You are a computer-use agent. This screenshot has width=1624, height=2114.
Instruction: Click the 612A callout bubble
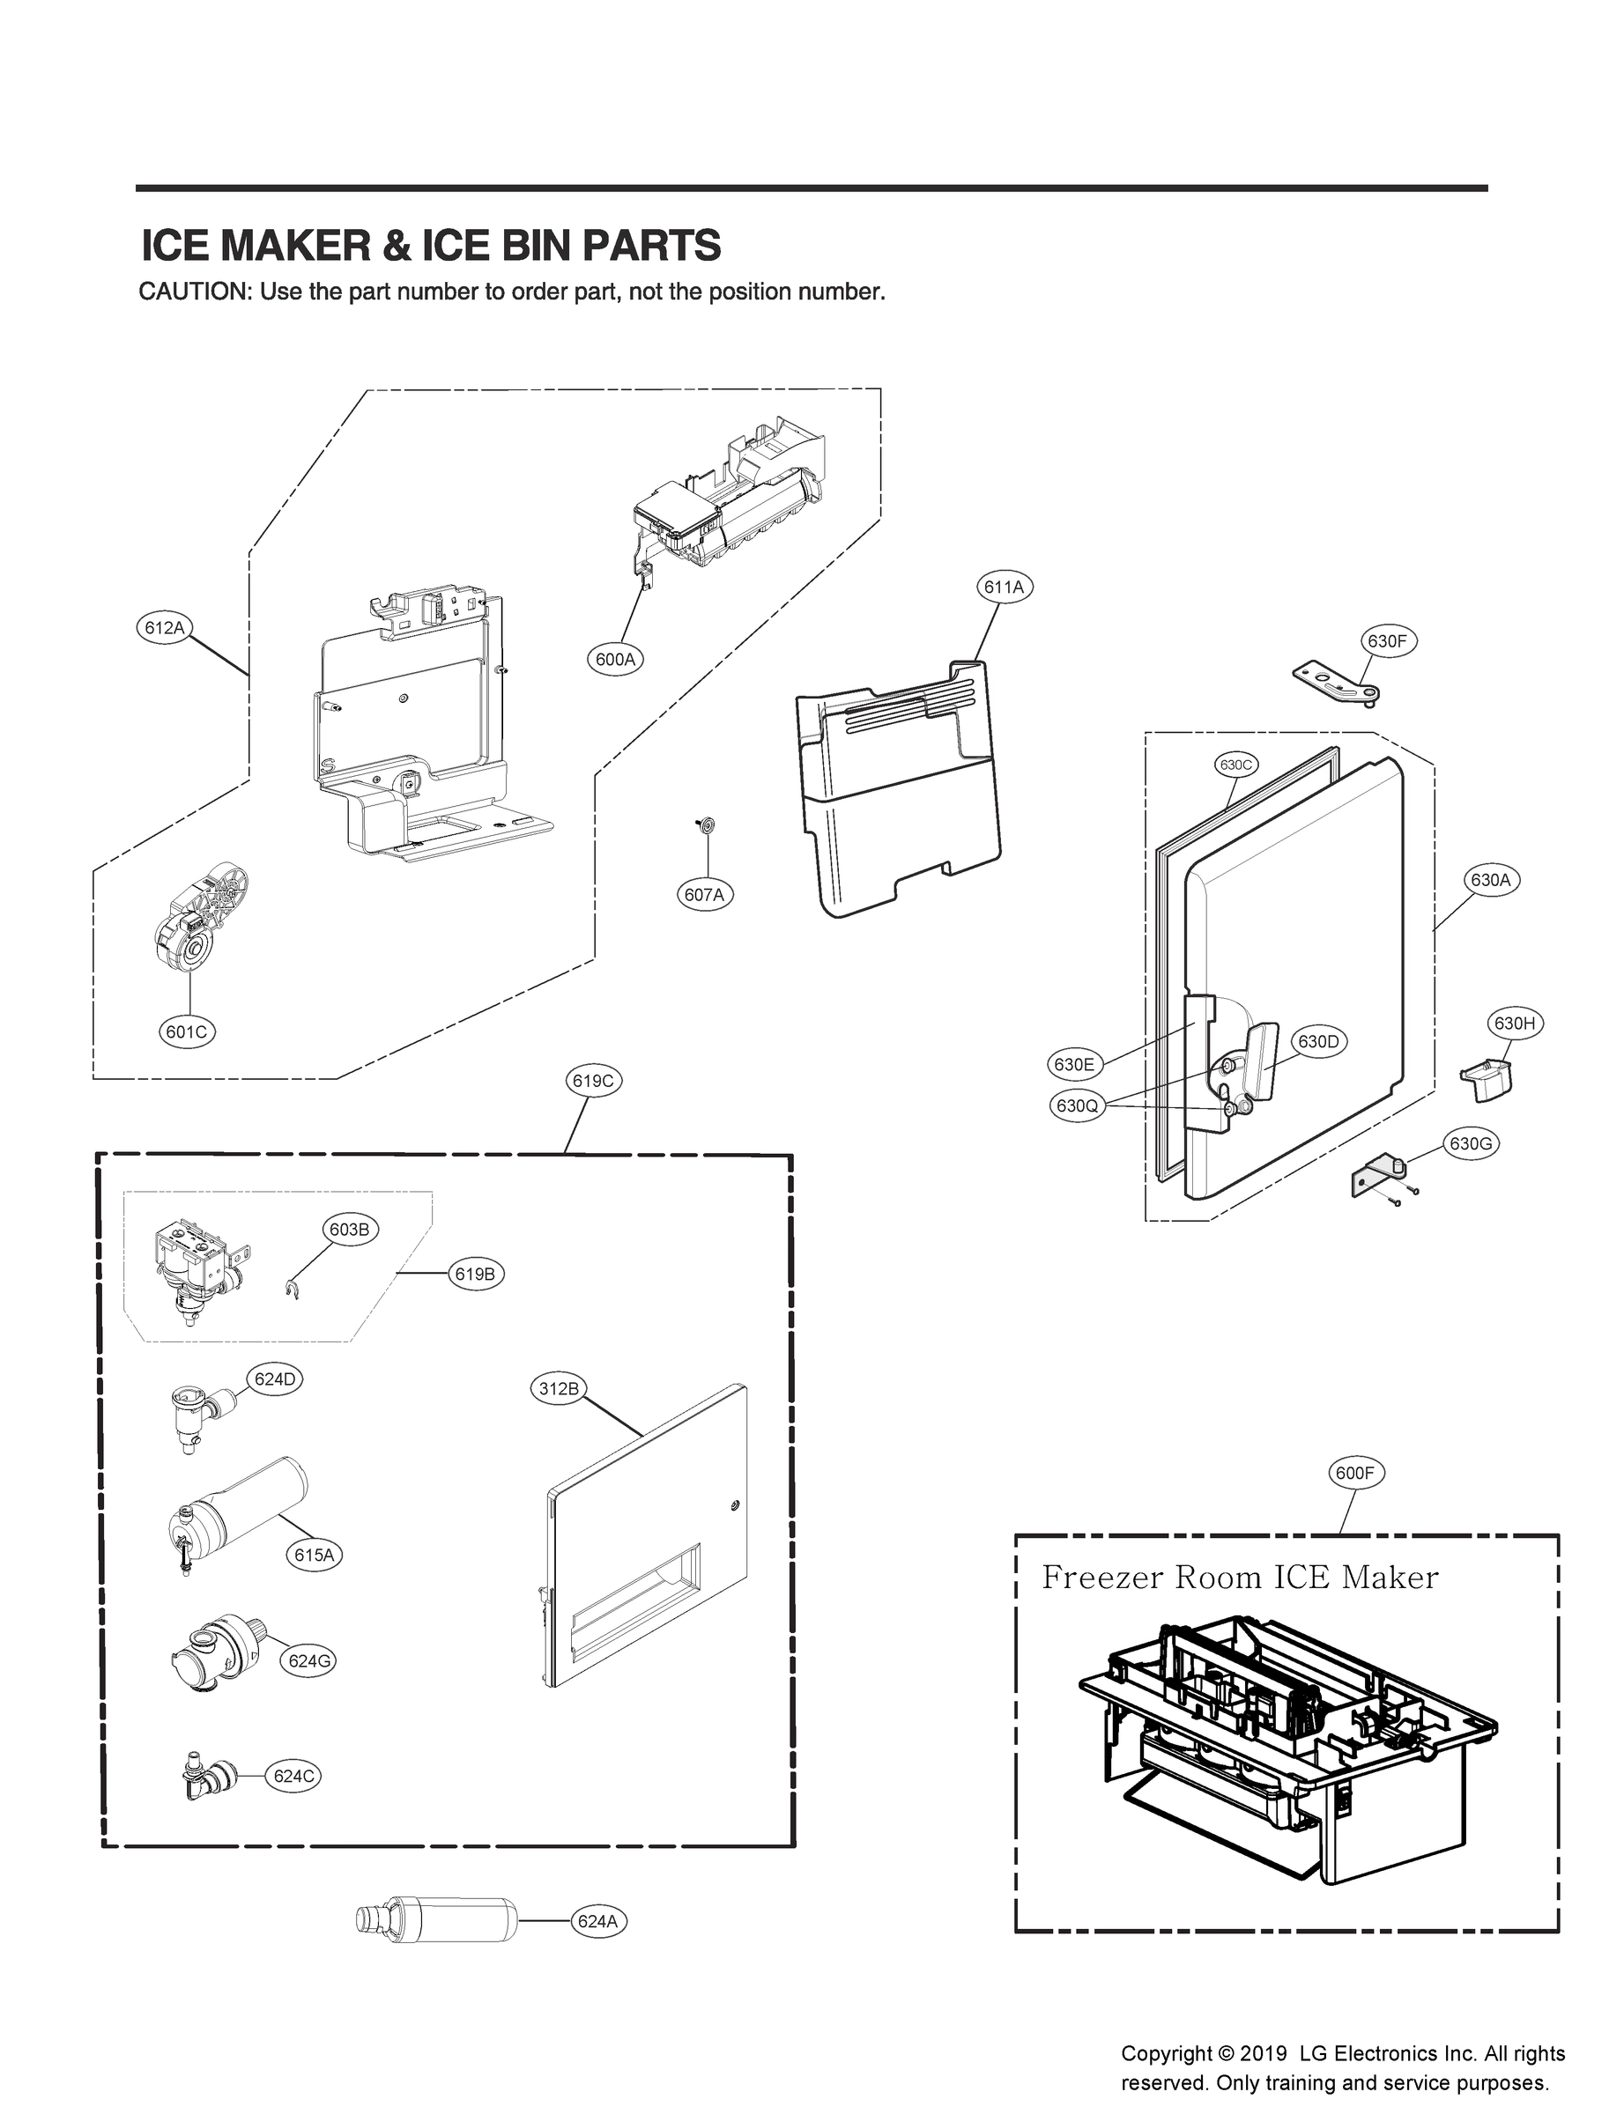click(x=163, y=628)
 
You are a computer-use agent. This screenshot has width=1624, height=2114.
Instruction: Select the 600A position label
click(x=616, y=660)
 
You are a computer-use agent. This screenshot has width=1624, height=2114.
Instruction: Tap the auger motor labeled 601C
click(x=203, y=919)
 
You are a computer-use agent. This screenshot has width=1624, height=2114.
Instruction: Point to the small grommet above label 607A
click(x=706, y=824)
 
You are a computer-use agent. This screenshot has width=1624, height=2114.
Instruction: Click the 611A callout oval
click(x=1005, y=587)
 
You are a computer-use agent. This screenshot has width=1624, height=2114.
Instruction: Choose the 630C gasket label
click(x=1235, y=765)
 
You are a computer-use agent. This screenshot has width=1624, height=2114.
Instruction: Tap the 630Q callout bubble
click(x=1077, y=1105)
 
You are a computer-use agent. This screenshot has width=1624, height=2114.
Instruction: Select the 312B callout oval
click(x=559, y=1389)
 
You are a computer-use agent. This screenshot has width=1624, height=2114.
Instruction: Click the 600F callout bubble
click(x=1354, y=1473)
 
